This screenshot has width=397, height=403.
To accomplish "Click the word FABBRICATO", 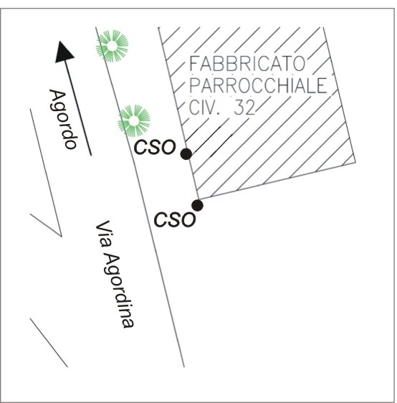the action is pos(247,64).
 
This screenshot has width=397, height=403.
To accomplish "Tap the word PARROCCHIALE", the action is pos(258,85).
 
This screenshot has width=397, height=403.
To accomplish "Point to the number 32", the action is pos(244,107).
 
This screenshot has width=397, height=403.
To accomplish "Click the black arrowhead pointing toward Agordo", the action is pos(64,52).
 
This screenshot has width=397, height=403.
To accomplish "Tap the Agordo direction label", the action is pos(63,119).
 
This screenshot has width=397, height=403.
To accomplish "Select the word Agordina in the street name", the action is pos(119,291).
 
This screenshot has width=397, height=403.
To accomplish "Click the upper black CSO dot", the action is pos(186,154).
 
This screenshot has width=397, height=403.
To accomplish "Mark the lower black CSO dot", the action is pos(198,205).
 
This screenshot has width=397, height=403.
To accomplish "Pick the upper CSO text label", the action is pos(155,147).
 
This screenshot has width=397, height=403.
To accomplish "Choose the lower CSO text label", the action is pos(175,219).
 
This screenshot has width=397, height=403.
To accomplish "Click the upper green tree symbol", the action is pos(113,46).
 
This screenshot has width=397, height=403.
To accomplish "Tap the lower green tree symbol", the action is pos(134,120).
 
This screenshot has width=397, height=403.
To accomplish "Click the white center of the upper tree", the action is pos(113,47).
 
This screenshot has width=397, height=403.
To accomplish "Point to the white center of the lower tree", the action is pos(134,120).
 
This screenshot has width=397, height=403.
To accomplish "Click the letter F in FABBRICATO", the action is pos(193,64).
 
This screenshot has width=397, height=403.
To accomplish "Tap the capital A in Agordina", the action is pos(111,262).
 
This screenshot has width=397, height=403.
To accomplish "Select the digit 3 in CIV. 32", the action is pos(239,107).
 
